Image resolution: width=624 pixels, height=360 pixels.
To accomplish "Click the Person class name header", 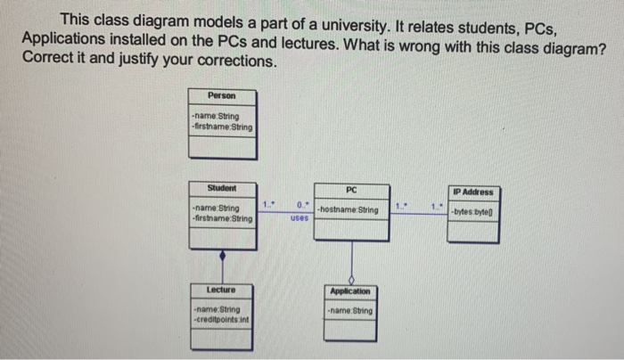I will [221, 95].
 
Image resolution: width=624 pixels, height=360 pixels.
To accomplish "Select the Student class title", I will [221, 188].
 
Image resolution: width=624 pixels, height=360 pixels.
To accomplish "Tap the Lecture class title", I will [221, 290].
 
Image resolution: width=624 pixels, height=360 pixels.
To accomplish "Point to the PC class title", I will [351, 189].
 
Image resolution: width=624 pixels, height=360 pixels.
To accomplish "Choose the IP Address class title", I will [472, 192].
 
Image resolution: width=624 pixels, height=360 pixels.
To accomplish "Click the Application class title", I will [349, 291].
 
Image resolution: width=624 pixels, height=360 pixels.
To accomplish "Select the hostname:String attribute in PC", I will [347, 210].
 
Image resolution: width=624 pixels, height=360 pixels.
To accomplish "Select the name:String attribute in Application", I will [349, 311].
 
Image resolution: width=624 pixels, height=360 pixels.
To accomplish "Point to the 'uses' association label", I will [299, 217].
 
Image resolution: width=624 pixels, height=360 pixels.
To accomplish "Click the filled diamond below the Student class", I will [222, 255].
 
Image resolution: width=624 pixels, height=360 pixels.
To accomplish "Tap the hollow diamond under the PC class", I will [351, 275].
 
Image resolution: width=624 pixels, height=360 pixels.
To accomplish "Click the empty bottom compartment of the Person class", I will [221, 147].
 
